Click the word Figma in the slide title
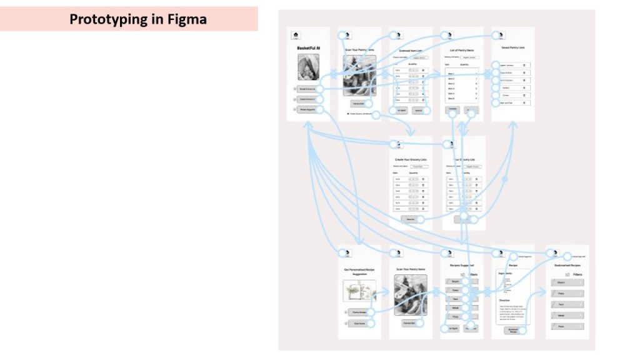point(184,19)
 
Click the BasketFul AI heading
point(308,47)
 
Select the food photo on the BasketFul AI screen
point(308,67)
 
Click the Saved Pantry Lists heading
point(512,48)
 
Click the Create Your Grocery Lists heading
point(411,159)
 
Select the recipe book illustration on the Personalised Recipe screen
point(359,291)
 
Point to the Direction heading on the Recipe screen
point(504,300)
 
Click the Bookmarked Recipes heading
point(567,266)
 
